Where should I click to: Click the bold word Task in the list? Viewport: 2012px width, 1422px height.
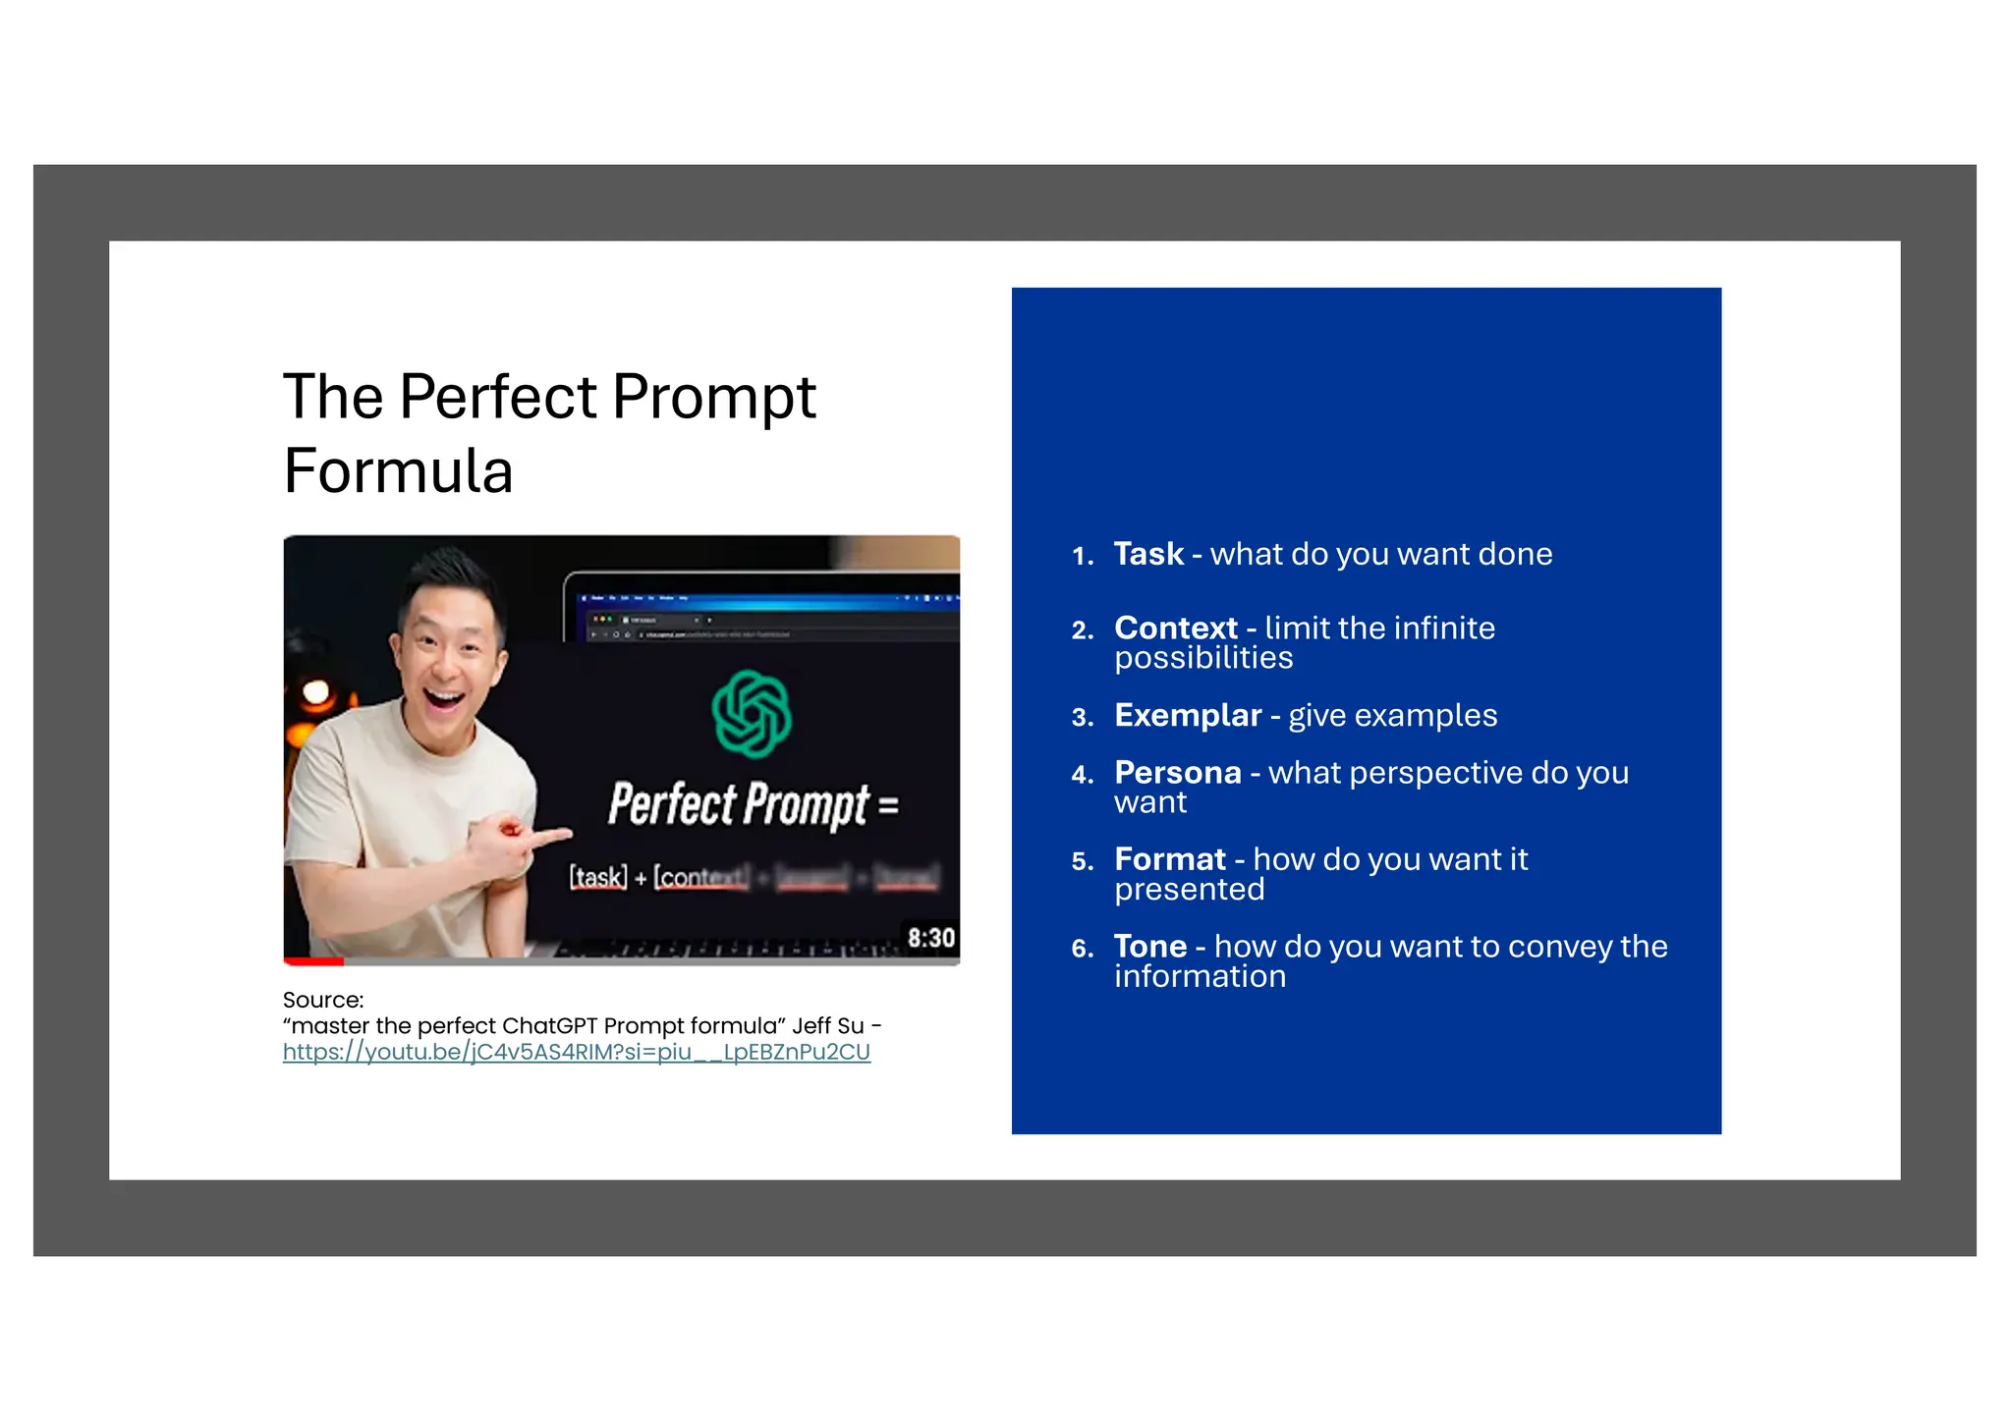pos(1147,555)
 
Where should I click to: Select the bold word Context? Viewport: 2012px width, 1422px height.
pos(1175,629)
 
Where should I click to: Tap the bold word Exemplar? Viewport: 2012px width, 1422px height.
pos(1187,716)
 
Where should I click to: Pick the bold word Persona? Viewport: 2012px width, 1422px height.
pos(1177,773)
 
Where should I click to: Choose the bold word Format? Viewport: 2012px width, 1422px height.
pos(1169,860)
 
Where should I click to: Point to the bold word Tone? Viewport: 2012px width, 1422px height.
pos(1149,947)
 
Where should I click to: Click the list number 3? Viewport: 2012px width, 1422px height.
pos(1082,718)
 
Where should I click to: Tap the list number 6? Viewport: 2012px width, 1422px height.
pos(1082,949)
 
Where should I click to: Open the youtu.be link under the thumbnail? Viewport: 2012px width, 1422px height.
pos(576,1053)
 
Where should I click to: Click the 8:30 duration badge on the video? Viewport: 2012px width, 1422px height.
pos(930,938)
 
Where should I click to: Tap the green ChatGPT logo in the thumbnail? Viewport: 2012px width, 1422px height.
pos(752,714)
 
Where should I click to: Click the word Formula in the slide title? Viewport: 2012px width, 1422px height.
pos(398,470)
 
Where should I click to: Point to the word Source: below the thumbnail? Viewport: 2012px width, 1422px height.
pos(322,1000)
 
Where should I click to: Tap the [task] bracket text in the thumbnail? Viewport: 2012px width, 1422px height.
pos(597,876)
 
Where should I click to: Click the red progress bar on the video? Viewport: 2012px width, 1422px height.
pos(313,961)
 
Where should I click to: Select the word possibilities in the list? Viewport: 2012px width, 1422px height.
pos(1202,658)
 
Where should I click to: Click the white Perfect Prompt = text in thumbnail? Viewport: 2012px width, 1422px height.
pos(753,804)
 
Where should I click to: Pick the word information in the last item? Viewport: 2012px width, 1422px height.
pos(1199,977)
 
